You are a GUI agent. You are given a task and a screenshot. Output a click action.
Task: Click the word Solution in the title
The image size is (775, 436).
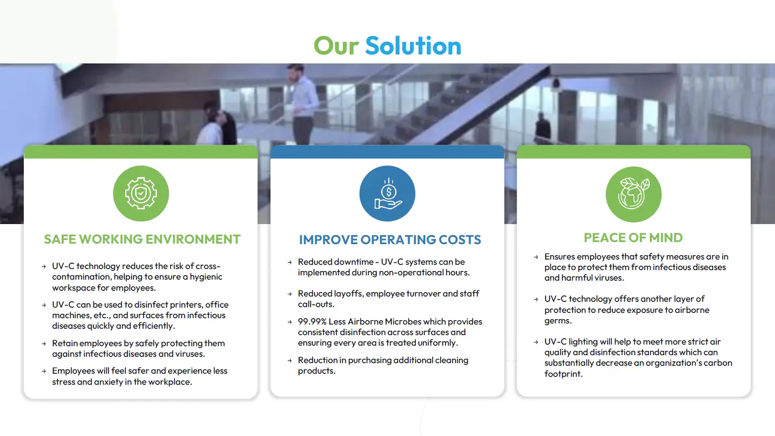pos(413,45)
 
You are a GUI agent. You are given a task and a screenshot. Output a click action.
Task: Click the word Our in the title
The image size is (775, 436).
pos(337,45)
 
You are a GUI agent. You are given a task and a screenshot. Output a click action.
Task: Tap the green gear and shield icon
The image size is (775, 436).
pos(141,193)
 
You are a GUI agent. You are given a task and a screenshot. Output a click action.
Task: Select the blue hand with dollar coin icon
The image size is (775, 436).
pos(387,193)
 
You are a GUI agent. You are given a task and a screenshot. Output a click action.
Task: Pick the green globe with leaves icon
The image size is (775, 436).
pos(633,194)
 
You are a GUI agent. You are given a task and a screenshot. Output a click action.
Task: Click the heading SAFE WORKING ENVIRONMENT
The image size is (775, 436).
pos(142,239)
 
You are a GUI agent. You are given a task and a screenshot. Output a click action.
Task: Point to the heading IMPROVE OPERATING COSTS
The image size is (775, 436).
pos(390,239)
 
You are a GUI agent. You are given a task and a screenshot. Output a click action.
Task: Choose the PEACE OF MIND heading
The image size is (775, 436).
pos(633,238)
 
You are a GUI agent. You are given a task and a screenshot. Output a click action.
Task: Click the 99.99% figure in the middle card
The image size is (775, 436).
pos(312,321)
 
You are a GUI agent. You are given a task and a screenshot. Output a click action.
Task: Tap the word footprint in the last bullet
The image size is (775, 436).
pos(563,374)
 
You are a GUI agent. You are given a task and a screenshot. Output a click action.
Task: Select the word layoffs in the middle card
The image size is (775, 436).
pos(348,294)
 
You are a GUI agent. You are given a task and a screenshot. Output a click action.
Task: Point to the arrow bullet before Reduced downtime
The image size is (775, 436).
pos(290,263)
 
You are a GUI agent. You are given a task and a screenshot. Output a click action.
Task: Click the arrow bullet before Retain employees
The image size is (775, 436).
pos(44,344)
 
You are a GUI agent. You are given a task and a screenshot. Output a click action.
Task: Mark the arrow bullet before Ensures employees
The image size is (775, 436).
pos(536,257)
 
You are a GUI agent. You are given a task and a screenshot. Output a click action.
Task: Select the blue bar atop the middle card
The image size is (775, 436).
pos(387,152)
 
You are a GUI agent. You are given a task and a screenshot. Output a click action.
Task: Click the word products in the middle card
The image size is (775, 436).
pos(316,372)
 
